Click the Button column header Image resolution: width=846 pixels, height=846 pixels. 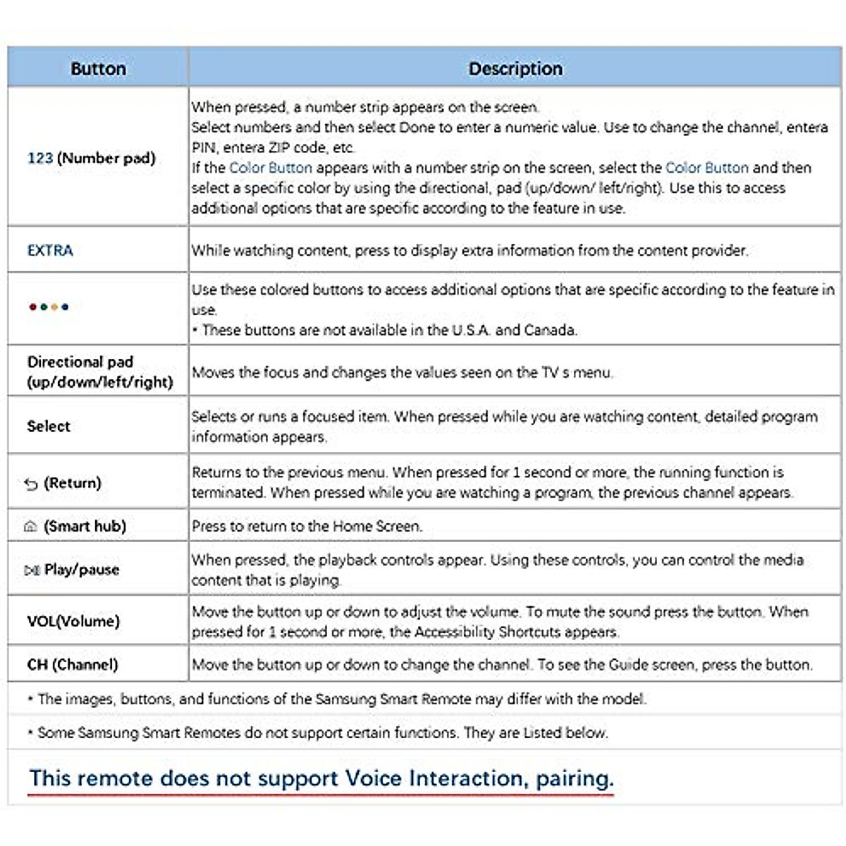point(98,68)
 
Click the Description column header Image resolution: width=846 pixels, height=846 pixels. point(515,68)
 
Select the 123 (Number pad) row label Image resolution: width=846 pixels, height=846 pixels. point(91,158)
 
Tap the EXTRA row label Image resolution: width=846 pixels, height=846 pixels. point(50,250)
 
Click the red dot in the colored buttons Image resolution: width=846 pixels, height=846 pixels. point(32,307)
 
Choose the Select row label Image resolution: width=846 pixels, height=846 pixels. point(49,426)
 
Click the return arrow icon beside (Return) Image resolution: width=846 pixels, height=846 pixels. point(31,484)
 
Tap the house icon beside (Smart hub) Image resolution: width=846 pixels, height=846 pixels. point(30,527)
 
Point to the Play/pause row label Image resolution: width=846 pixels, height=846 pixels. point(81,570)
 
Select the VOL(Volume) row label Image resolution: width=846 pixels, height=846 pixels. point(73,621)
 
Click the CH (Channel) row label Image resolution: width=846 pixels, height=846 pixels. point(73,664)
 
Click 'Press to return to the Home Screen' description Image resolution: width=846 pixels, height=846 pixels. point(307,526)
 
